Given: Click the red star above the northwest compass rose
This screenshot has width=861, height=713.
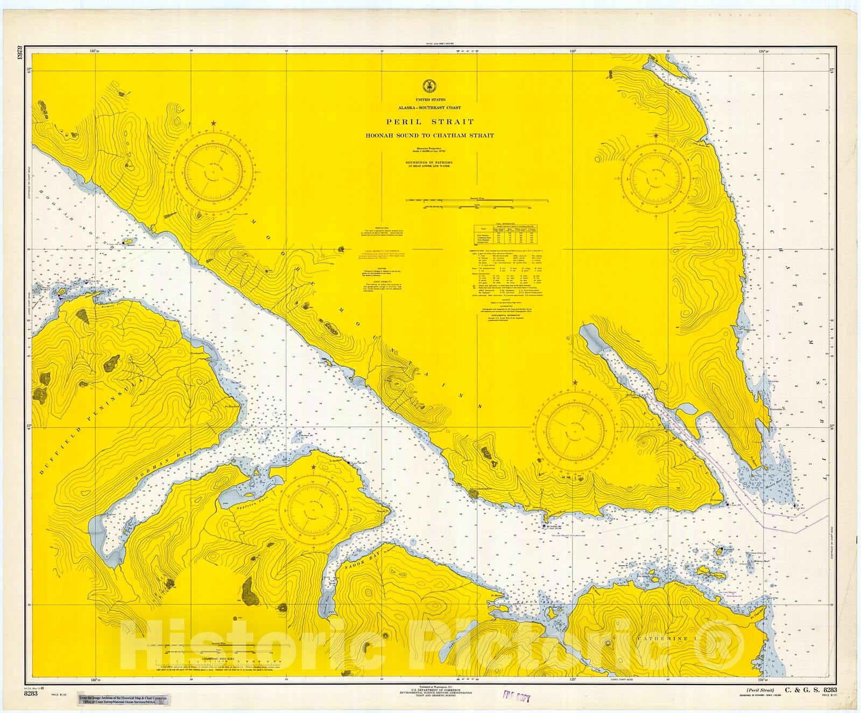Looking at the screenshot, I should pyautogui.click(x=214, y=124).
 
